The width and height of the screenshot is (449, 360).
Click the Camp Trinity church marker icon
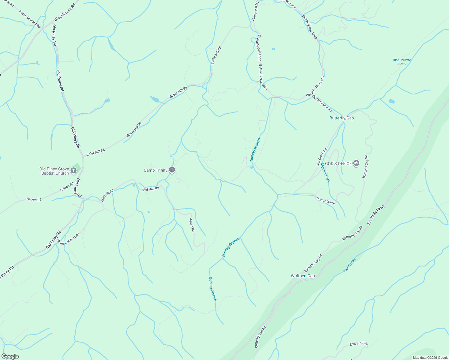point(172,170)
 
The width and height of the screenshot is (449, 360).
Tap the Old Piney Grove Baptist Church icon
point(74,171)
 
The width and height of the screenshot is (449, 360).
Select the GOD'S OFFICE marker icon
point(356,163)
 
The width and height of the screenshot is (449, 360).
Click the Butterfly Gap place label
point(342,118)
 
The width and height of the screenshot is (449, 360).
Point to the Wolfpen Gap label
point(303,276)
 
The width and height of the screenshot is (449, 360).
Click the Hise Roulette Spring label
point(402,61)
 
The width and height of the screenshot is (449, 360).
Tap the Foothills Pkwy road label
point(376,215)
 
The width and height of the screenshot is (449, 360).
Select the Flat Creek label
point(349,265)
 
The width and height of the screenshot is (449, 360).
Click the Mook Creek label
point(325,172)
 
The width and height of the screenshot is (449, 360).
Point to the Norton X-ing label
point(325,200)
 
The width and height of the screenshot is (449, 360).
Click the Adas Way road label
point(192,225)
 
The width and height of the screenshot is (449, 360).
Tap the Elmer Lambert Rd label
point(68,239)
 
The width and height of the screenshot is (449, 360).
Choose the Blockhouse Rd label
point(65,12)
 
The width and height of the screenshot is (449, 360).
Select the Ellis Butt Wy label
point(358,344)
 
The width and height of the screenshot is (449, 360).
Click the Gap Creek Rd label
point(321,157)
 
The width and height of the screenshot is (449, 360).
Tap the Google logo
point(10,356)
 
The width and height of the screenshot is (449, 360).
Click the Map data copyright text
point(430,358)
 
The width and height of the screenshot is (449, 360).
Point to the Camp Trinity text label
point(155,170)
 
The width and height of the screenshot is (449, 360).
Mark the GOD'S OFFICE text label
point(338,163)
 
